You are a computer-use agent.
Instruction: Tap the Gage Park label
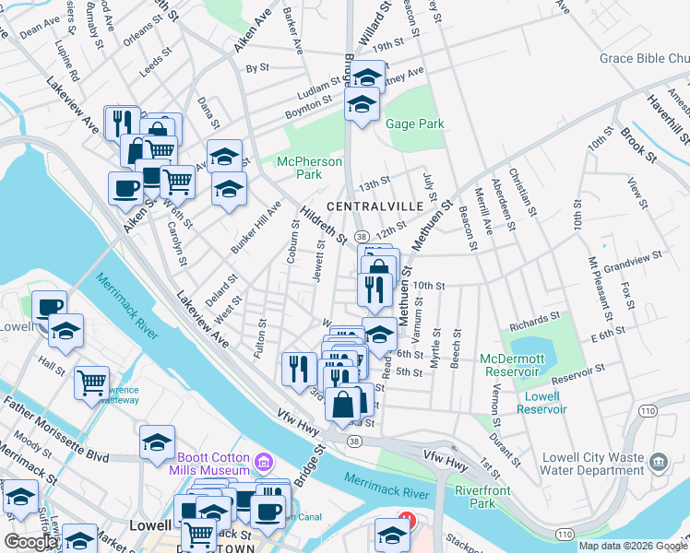[x=415, y=124]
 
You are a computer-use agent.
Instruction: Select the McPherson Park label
[x=311, y=168]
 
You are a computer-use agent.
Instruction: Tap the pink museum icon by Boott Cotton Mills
[x=265, y=460]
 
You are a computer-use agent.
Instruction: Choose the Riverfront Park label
[x=482, y=497]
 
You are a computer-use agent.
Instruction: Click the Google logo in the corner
[x=30, y=542]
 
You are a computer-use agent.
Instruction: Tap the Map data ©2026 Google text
[x=633, y=546]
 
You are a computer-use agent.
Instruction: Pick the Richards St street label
[x=534, y=321]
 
